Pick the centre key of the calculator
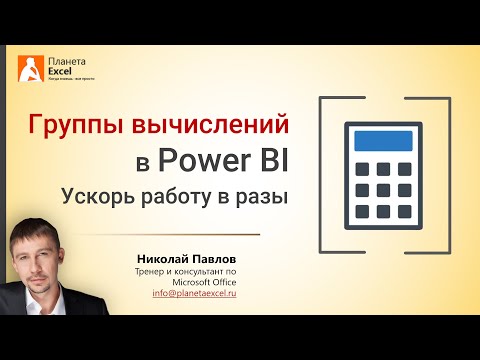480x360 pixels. [x=385, y=188]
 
